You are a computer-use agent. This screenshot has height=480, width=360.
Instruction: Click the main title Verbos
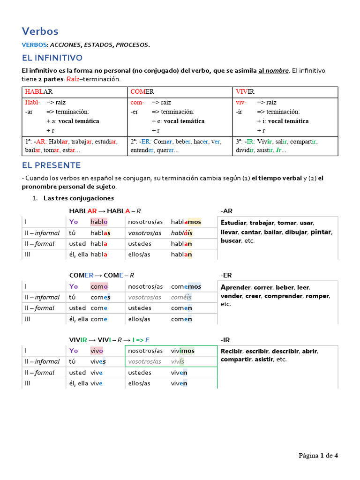click(40, 31)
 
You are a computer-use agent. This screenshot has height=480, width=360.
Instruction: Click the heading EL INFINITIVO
click(52, 58)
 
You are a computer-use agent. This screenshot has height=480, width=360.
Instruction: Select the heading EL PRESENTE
click(52, 165)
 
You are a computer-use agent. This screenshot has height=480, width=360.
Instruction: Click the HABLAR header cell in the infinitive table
click(39, 91)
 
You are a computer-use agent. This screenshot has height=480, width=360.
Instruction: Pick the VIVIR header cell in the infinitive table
click(245, 91)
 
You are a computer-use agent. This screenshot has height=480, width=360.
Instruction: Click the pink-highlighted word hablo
click(99, 222)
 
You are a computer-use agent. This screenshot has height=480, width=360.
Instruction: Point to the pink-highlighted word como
click(99, 286)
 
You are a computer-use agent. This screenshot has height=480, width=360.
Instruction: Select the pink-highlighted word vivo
click(97, 351)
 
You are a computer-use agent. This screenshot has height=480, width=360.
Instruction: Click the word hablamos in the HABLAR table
click(186, 222)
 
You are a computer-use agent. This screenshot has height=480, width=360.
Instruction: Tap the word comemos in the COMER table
click(186, 286)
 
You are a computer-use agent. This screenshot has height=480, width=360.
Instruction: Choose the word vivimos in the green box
click(182, 351)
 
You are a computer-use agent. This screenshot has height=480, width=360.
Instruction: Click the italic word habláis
click(181, 233)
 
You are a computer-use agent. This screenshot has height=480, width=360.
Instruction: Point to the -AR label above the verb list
click(226, 210)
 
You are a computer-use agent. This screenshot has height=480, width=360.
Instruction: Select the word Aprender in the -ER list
click(236, 287)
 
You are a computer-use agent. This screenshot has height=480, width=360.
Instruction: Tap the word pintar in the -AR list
click(321, 232)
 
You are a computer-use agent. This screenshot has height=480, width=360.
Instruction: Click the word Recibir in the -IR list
click(232, 351)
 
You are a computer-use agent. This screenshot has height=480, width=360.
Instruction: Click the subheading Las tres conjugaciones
click(79, 198)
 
